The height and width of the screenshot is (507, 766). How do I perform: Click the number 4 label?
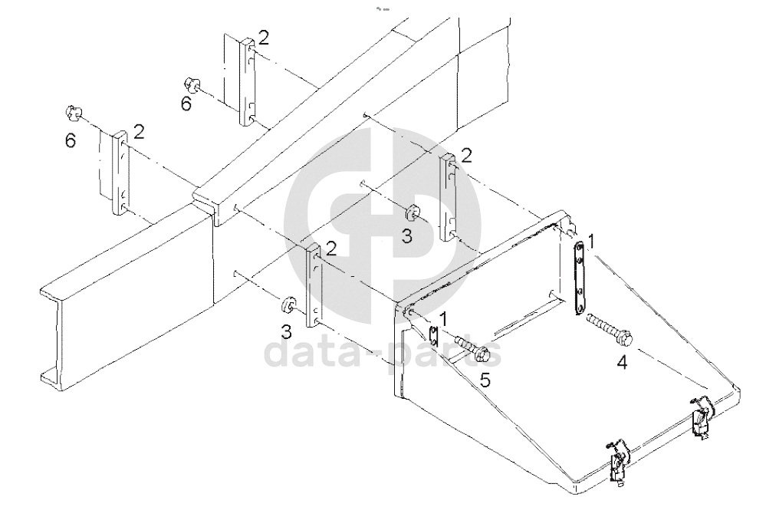pyautogui.click(x=622, y=363)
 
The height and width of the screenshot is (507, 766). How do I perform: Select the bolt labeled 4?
pyautogui.click(x=610, y=328)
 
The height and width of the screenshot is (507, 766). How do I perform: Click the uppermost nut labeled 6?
pyautogui.click(x=192, y=85)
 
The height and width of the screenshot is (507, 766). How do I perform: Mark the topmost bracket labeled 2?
pyautogui.click(x=248, y=81)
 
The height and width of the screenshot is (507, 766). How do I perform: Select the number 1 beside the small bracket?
pyautogui.click(x=444, y=318)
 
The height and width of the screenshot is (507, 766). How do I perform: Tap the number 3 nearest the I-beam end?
pyautogui.click(x=285, y=332)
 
